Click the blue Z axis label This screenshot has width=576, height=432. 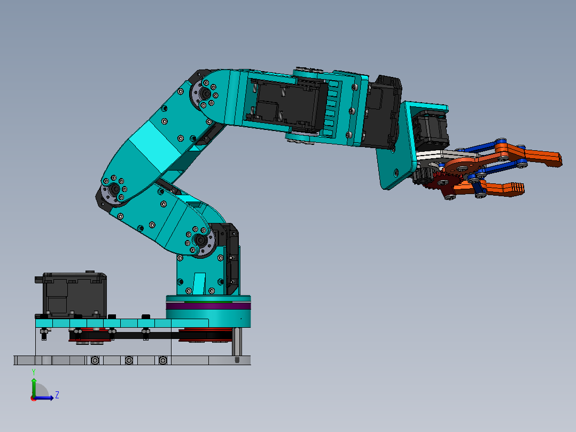tap(57, 395)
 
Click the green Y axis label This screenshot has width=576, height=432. tap(33, 371)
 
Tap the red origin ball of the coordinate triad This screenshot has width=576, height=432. tap(34, 398)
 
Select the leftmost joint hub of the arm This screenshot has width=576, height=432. tap(113, 189)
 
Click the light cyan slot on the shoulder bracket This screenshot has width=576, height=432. tap(199, 283)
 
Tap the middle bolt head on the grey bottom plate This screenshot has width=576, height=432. tap(129, 360)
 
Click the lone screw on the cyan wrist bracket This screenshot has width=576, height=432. tap(395, 172)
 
